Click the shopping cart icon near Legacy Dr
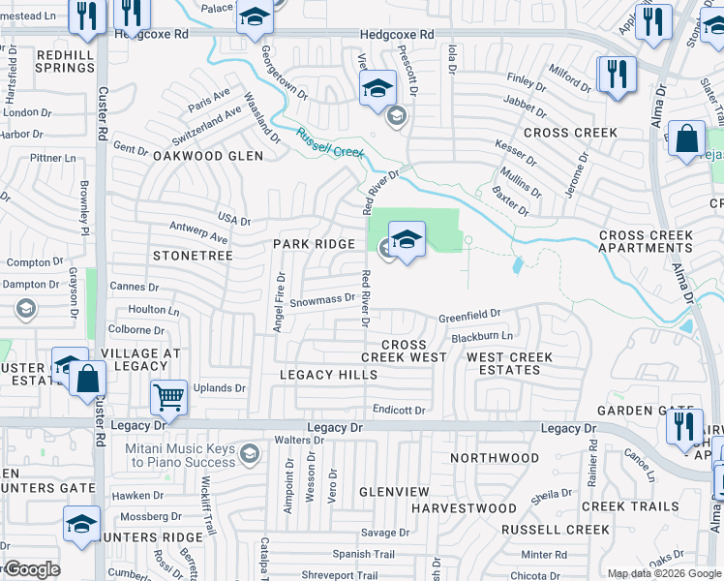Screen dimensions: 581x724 point(169,397)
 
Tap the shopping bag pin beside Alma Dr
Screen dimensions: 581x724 point(686,138)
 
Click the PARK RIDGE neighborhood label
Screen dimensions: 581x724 point(314,244)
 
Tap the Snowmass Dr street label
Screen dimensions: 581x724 point(322,299)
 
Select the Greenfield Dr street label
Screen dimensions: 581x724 point(468,316)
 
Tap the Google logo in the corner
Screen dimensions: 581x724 point(31,569)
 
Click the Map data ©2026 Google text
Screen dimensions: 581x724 point(663,573)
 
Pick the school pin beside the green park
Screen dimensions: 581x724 point(407,241)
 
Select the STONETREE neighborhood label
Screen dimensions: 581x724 point(193,256)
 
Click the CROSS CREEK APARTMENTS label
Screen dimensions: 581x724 point(659,241)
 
